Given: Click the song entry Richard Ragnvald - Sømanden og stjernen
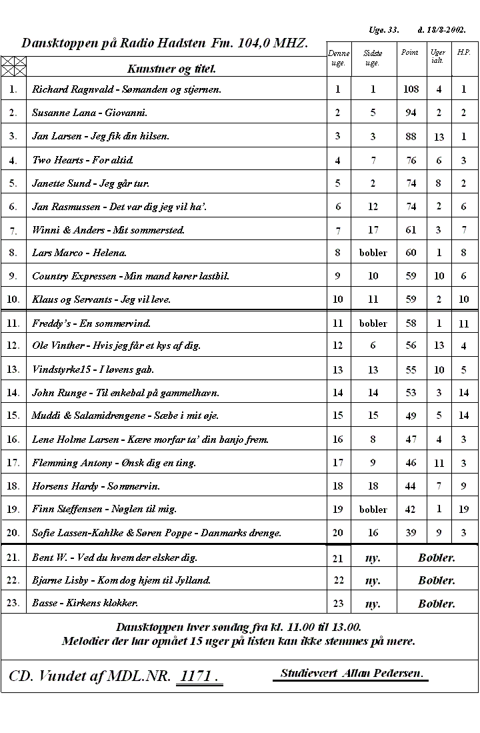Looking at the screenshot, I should (x=127, y=89).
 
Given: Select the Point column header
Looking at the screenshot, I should (x=409, y=52).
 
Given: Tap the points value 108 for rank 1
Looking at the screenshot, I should (x=411, y=89).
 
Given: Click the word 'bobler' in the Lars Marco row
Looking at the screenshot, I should (x=373, y=253).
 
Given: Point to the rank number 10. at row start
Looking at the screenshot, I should (x=13, y=299).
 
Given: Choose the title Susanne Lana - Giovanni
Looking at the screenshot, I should (x=90, y=113).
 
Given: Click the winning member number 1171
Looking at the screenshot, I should (x=198, y=676).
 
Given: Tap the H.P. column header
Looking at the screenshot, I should (x=463, y=51).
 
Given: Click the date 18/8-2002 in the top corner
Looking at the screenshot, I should (x=441, y=30).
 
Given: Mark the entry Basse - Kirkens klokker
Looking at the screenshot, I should (x=85, y=603).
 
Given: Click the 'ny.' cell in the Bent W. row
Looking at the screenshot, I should (x=373, y=558).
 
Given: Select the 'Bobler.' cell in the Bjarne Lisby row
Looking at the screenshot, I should (x=437, y=580).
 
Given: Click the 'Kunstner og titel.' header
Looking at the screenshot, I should (x=171, y=68).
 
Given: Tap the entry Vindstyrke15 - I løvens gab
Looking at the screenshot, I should (x=93, y=369).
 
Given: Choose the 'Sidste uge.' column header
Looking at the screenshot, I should (x=373, y=58).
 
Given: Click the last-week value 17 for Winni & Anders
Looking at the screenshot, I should (x=373, y=230).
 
